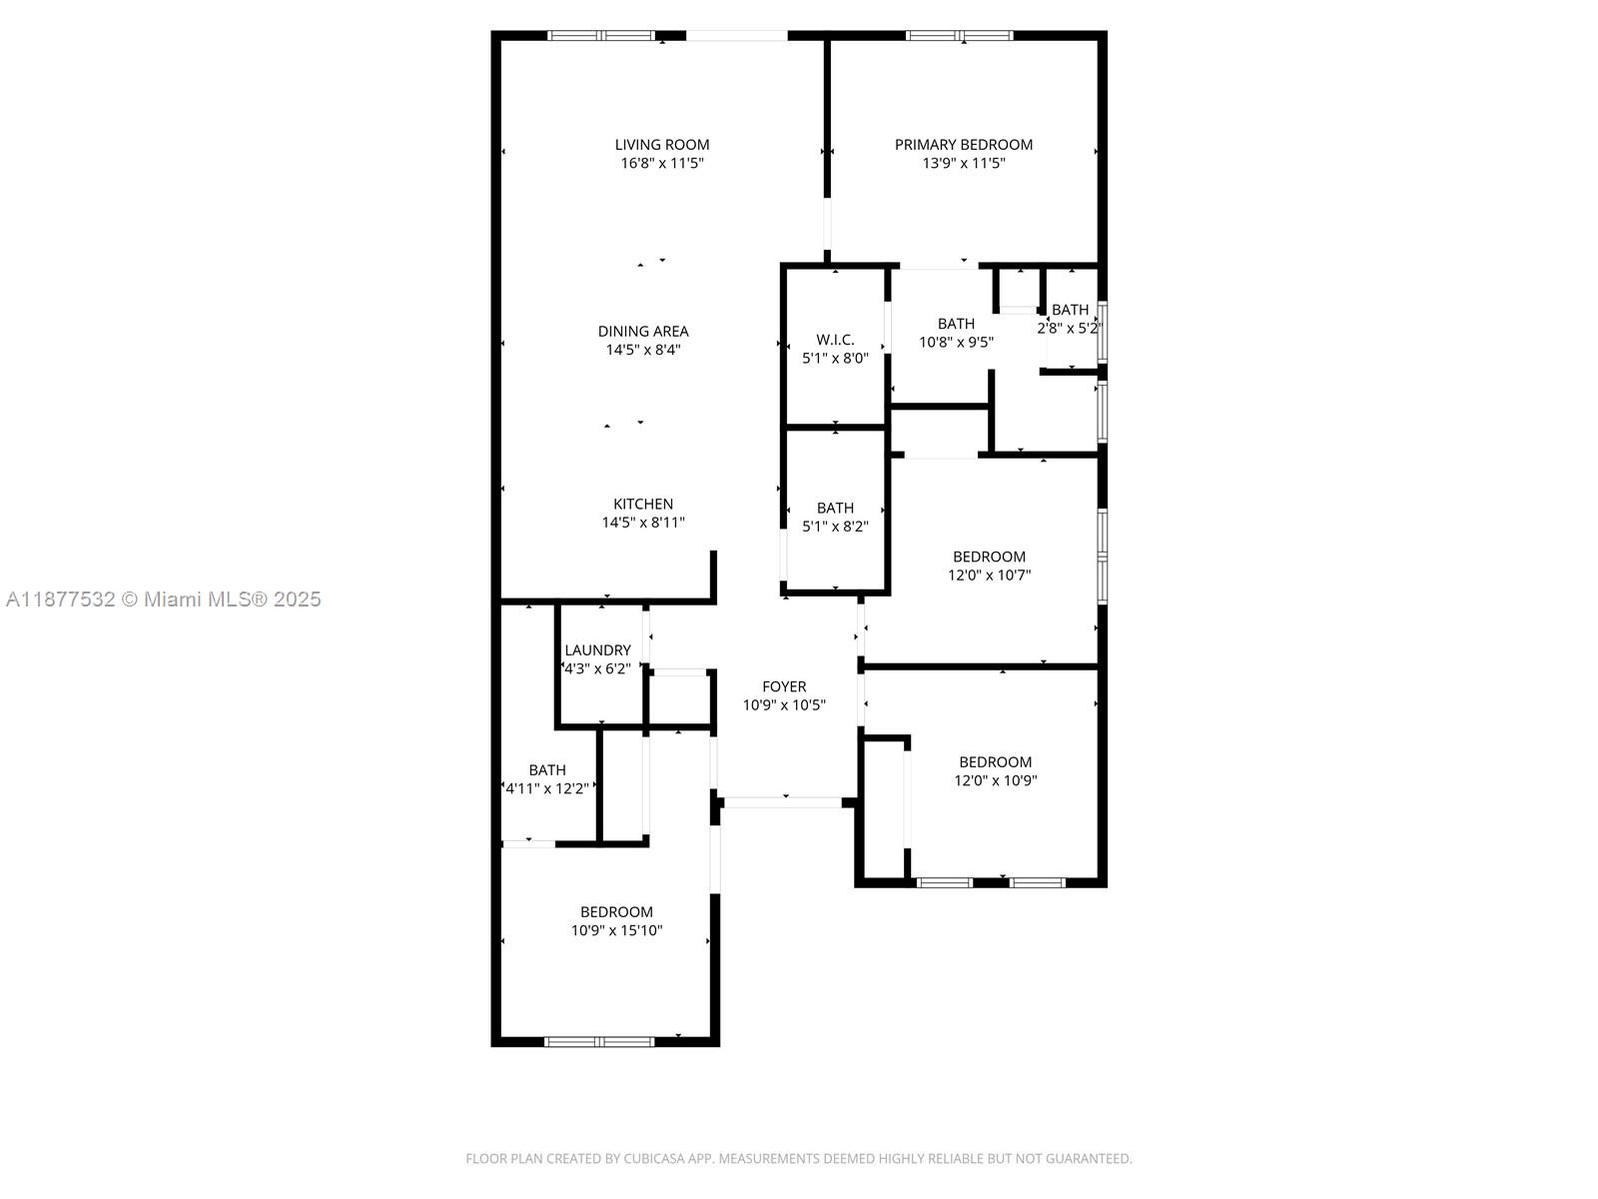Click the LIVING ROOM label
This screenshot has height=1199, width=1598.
click(x=661, y=144)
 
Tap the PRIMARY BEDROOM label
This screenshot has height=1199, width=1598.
click(x=963, y=144)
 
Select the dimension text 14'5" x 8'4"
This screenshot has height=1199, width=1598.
click(x=642, y=350)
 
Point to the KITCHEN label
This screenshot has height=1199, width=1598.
click(x=642, y=504)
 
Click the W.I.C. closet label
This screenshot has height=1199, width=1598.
click(x=835, y=340)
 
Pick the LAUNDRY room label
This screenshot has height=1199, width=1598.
click(x=597, y=649)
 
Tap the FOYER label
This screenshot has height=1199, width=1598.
click(x=784, y=686)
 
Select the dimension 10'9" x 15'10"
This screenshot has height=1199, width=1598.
click(x=616, y=930)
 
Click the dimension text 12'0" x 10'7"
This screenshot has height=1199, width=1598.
click(x=989, y=575)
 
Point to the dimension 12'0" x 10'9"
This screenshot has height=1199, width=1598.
click(x=995, y=780)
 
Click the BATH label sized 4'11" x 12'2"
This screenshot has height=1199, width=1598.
click(x=546, y=769)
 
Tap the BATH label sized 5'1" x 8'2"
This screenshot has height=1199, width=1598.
click(x=835, y=508)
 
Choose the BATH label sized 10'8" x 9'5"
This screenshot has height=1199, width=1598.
click(x=956, y=323)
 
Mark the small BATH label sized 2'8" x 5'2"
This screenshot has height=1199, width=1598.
click(x=1070, y=310)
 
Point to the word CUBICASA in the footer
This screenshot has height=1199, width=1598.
click(x=652, y=1158)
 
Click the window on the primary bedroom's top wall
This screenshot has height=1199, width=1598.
click(x=959, y=36)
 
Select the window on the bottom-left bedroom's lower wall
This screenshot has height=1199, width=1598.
click(x=599, y=1041)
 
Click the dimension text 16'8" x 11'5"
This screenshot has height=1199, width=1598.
click(x=661, y=163)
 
